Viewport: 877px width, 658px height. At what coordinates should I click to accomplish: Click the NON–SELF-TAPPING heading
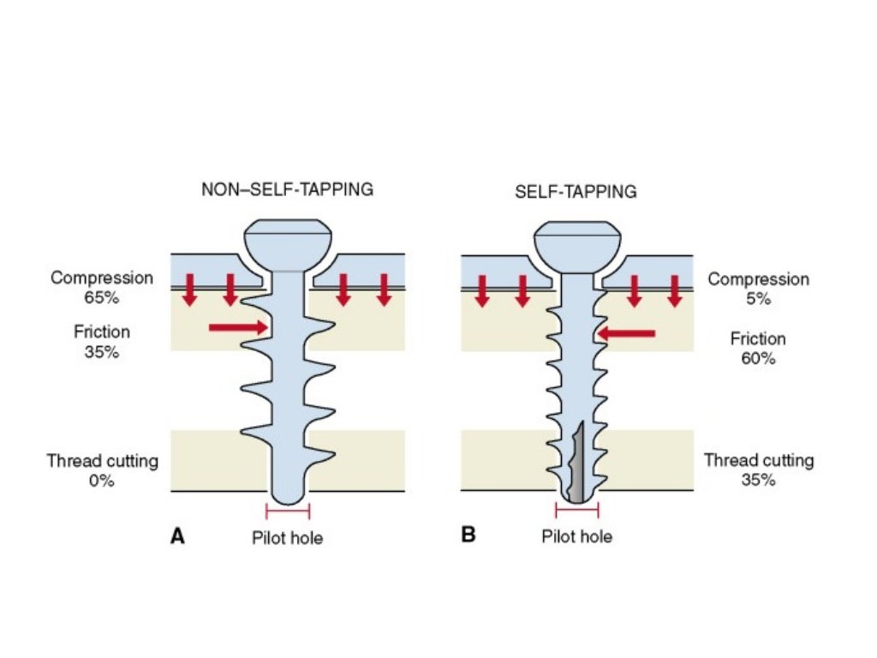click(287, 189)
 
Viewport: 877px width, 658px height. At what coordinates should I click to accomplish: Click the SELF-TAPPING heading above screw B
click(576, 192)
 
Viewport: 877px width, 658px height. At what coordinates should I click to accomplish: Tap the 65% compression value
click(102, 299)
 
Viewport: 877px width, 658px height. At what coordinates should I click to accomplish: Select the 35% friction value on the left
click(102, 352)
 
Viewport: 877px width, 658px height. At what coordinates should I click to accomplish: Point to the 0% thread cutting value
click(102, 481)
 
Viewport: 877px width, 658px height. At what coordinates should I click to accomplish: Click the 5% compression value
click(758, 299)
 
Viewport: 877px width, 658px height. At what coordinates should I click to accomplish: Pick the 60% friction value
click(758, 358)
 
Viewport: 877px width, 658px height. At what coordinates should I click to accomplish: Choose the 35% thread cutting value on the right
click(758, 480)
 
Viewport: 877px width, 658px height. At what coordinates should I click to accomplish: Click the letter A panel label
click(178, 536)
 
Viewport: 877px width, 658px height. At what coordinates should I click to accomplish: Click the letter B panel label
click(468, 536)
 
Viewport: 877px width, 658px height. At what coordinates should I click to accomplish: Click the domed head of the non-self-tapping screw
click(287, 243)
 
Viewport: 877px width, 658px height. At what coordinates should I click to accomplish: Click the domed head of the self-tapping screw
click(576, 243)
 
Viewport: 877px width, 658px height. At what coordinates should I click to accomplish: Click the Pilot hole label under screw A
click(287, 538)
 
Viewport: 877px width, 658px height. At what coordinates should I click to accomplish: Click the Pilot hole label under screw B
click(576, 537)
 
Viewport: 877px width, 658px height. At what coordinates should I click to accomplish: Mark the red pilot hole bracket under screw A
click(287, 512)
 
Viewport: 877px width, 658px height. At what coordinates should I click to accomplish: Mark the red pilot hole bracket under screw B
click(576, 511)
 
